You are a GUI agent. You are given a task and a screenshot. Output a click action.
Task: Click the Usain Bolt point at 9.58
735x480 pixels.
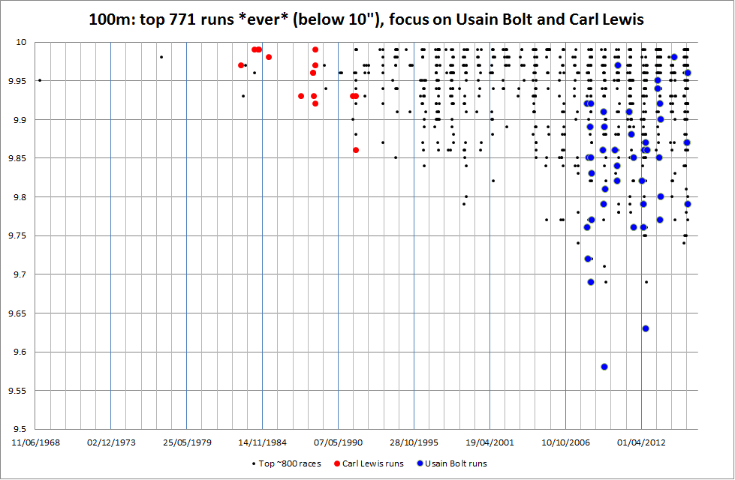tap(604, 367)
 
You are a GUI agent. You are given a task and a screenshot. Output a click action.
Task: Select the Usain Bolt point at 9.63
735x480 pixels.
tap(646, 328)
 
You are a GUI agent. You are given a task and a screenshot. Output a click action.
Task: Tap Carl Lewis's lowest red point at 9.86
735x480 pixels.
tap(356, 150)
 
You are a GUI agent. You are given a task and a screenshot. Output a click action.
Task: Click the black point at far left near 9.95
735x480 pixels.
tap(40, 80)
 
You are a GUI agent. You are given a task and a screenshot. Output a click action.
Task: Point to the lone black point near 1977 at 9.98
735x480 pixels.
tap(161, 57)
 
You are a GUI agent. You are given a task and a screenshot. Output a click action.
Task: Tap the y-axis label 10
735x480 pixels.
tap(23, 42)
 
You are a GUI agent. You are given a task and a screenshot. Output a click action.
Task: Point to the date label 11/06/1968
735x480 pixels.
tap(35, 442)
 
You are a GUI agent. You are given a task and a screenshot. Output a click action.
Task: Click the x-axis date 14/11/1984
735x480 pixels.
tap(263, 442)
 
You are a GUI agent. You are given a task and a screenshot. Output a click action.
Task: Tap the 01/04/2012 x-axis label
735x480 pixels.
tap(641, 442)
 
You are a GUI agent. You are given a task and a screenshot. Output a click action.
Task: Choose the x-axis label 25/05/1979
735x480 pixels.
tap(187, 442)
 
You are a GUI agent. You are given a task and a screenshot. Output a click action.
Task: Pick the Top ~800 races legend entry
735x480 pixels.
tap(290, 463)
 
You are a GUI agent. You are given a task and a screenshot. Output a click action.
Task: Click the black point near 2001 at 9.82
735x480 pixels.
tap(493, 181)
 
